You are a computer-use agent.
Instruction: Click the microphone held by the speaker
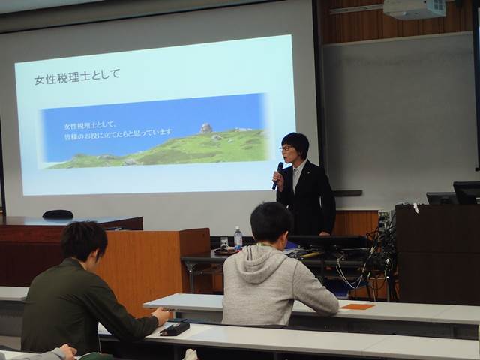point(278,175)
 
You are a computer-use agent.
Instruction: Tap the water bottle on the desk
point(238,238)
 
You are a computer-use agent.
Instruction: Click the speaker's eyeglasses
point(286,148)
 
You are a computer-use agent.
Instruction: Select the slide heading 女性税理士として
point(77,76)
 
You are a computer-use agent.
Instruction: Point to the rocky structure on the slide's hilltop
point(205,128)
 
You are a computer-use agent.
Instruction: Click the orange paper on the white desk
point(358,306)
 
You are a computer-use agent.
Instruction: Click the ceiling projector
point(414,8)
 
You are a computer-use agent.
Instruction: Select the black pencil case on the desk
point(175,328)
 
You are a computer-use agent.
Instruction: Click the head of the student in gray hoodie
point(270,223)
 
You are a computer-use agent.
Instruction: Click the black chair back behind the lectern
point(58,214)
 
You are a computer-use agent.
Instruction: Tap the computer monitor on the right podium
point(466,193)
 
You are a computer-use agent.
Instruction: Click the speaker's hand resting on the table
point(325,233)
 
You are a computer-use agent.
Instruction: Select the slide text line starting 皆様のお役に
point(118,134)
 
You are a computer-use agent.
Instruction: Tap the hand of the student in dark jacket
point(161,315)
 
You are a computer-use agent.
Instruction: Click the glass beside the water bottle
point(224,244)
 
